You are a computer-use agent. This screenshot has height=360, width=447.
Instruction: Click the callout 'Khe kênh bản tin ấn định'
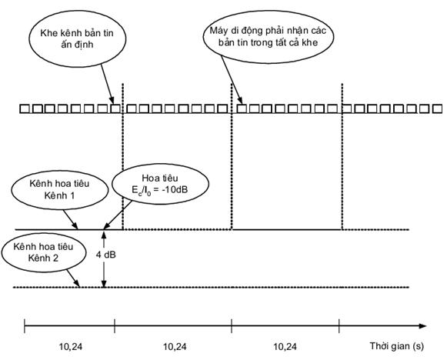coord(77,38)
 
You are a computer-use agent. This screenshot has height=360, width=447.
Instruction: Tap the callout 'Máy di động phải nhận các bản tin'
coord(269,37)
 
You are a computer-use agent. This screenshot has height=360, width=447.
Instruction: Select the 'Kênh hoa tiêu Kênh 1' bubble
coord(60,189)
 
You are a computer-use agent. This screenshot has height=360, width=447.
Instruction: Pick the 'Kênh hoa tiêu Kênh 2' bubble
coord(44,252)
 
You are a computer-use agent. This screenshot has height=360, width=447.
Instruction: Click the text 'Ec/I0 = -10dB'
coord(160,190)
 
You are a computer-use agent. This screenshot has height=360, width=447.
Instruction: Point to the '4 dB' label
coord(105,255)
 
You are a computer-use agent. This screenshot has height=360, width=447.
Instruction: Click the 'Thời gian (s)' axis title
coord(397,346)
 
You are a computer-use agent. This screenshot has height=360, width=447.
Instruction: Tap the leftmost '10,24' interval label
coord(71,347)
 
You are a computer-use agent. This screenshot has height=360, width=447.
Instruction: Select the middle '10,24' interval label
coord(175,347)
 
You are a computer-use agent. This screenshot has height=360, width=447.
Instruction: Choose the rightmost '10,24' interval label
coord(285,347)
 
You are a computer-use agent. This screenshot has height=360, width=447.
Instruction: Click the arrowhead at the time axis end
coord(423,326)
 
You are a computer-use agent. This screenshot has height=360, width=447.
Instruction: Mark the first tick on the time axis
coord(25,326)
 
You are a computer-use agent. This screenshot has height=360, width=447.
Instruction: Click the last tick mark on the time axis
coord(339,326)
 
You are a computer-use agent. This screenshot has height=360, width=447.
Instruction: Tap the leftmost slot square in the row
coord(25,109)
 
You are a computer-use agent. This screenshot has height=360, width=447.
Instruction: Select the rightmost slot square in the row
coord(437,109)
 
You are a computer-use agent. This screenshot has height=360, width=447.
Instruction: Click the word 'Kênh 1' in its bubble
coord(59,195)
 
